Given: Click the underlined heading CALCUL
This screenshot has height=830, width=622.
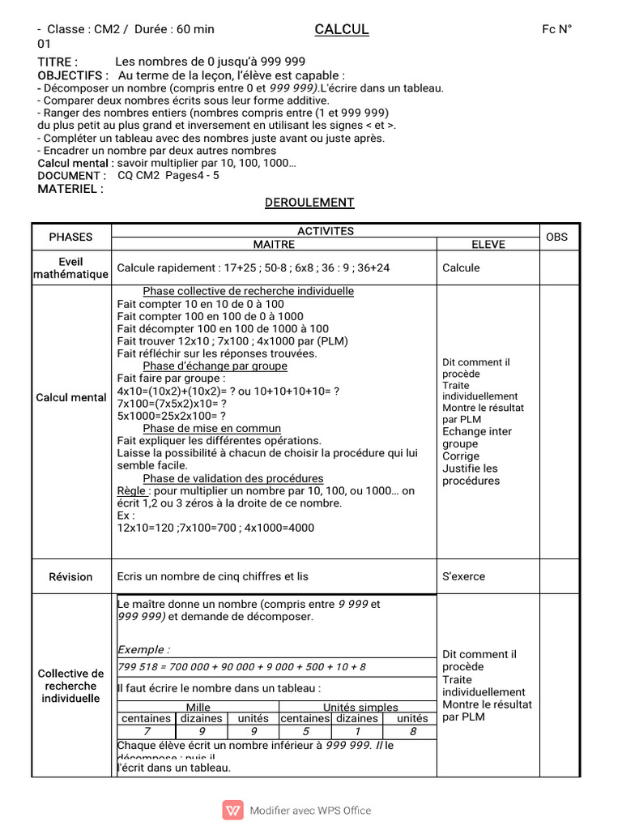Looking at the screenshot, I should pyautogui.click(x=341, y=29).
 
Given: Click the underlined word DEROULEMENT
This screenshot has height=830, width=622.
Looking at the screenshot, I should pyautogui.click(x=309, y=203).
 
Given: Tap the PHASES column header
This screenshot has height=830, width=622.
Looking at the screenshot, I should pyautogui.click(x=71, y=237).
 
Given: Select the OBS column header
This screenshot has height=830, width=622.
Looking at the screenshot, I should pyautogui.click(x=557, y=237).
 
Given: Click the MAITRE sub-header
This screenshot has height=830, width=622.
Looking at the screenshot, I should pyautogui.click(x=274, y=243).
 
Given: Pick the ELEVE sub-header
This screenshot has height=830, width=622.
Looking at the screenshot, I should pyautogui.click(x=488, y=243).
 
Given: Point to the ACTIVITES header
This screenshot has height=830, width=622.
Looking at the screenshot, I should pyautogui.click(x=326, y=231).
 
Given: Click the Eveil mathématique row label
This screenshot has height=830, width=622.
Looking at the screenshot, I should pyautogui.click(x=71, y=267).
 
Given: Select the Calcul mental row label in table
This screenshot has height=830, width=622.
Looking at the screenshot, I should pyautogui.click(x=71, y=397).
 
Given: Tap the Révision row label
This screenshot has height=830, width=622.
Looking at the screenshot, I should pyautogui.click(x=71, y=576).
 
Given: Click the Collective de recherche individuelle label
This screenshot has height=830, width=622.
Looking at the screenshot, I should pyautogui.click(x=71, y=686).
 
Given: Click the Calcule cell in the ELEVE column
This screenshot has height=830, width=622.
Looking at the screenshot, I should pyautogui.click(x=461, y=267).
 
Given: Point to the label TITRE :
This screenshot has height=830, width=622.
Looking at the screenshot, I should pyautogui.click(x=58, y=62).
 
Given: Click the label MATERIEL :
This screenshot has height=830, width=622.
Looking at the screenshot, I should pyautogui.click(x=70, y=188).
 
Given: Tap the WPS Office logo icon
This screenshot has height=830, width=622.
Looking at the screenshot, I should pyautogui.click(x=233, y=810).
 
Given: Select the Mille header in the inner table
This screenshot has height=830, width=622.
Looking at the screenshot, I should pyautogui.click(x=198, y=707).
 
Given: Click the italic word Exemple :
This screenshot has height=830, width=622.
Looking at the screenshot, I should pyautogui.click(x=144, y=649).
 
